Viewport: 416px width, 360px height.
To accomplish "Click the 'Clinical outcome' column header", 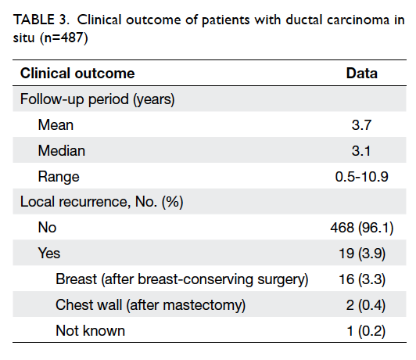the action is pyautogui.click(x=77, y=73).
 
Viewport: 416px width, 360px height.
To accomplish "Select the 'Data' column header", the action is pyautogui.click(x=361, y=73).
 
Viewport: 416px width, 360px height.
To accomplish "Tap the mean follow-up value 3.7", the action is pyautogui.click(x=361, y=124).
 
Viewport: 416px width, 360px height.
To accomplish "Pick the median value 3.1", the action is pyautogui.click(x=361, y=151).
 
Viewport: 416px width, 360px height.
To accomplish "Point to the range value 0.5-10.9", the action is pyautogui.click(x=361, y=177).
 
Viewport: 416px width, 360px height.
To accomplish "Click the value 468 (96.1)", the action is pyautogui.click(x=362, y=228).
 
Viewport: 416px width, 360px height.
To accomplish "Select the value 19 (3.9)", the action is pyautogui.click(x=362, y=254).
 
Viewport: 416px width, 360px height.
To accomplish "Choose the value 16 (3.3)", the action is pyautogui.click(x=362, y=279).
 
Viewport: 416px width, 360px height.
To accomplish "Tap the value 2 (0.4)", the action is pyautogui.click(x=366, y=305).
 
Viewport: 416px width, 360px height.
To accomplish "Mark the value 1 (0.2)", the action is pyautogui.click(x=366, y=331).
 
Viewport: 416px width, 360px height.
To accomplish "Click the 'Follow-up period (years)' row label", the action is pyautogui.click(x=98, y=99).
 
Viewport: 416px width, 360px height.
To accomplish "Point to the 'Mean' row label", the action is pyautogui.click(x=56, y=124).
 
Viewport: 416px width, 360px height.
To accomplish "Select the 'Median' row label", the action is pyautogui.click(x=62, y=151).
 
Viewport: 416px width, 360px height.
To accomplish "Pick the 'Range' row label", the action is pyautogui.click(x=59, y=177).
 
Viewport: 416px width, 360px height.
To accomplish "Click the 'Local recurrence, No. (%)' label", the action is pyautogui.click(x=102, y=202).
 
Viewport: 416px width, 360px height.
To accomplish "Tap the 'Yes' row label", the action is pyautogui.click(x=49, y=253).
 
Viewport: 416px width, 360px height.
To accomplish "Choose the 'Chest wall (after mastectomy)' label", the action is pyautogui.click(x=150, y=305).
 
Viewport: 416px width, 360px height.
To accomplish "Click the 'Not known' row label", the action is pyautogui.click(x=90, y=331).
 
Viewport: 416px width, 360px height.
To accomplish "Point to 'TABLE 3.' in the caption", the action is pyautogui.click(x=41, y=20).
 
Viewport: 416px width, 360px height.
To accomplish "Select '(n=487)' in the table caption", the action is pyautogui.click(x=63, y=38).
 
